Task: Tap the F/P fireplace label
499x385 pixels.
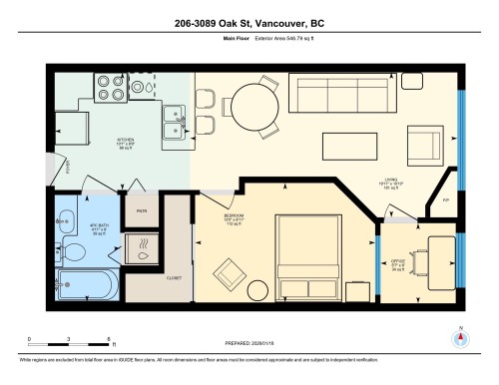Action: pos(445,200)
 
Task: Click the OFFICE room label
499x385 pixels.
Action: pos(398,264)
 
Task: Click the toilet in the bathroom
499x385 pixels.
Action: pos(72,251)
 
